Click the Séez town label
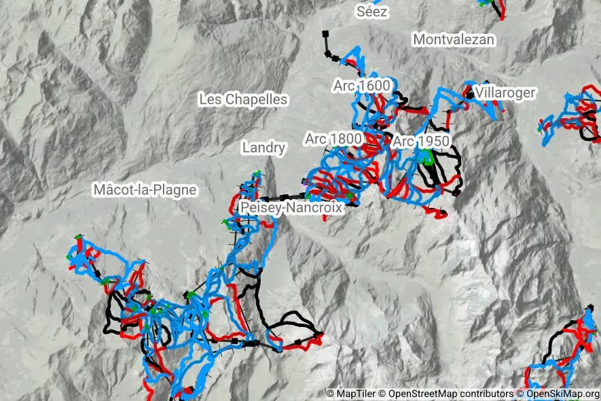point(373,12)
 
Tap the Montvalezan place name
point(454,39)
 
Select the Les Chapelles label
point(243,99)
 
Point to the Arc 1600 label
point(361,86)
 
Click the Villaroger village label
point(506,92)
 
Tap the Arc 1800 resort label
point(333,139)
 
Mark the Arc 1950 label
point(421,141)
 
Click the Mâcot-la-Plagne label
point(145,190)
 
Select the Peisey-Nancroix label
point(291,208)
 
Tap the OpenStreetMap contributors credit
point(452,394)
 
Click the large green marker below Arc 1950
point(426,158)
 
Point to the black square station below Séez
point(325,33)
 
